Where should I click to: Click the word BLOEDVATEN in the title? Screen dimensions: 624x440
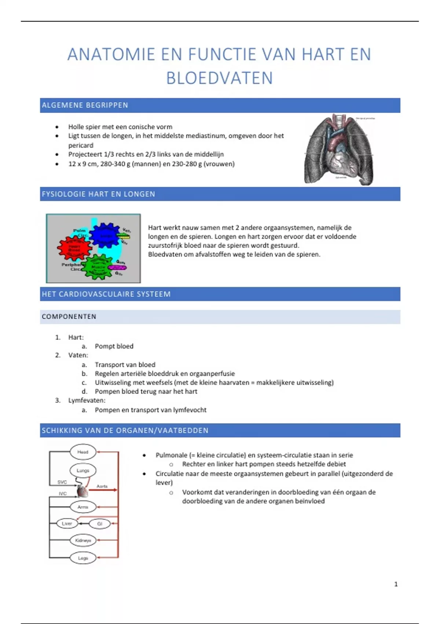click(219, 78)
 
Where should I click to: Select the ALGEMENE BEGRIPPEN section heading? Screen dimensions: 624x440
click(85, 105)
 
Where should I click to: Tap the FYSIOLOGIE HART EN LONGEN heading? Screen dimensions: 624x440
click(98, 194)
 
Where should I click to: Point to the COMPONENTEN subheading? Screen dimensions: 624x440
click(69, 317)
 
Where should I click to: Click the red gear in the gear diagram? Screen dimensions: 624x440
click(74, 248)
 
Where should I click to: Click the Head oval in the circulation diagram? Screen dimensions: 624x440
click(83, 452)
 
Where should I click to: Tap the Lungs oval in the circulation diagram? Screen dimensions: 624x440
click(83, 471)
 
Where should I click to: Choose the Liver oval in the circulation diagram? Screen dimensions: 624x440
click(67, 523)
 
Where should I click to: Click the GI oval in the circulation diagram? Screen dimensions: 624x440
click(99, 524)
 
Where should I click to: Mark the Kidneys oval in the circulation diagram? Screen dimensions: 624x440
click(83, 540)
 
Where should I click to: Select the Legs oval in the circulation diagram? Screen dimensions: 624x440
click(83, 558)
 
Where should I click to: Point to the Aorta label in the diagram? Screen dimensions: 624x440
click(102, 486)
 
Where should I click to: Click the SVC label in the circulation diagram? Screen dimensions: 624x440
click(62, 482)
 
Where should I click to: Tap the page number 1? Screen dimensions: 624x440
click(396, 584)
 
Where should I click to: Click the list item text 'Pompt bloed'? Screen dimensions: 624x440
click(114, 346)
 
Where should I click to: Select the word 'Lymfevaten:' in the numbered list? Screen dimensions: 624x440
click(87, 400)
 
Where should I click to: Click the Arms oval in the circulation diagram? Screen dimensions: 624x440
click(83, 507)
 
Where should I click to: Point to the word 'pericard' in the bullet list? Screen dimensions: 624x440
click(81, 145)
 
